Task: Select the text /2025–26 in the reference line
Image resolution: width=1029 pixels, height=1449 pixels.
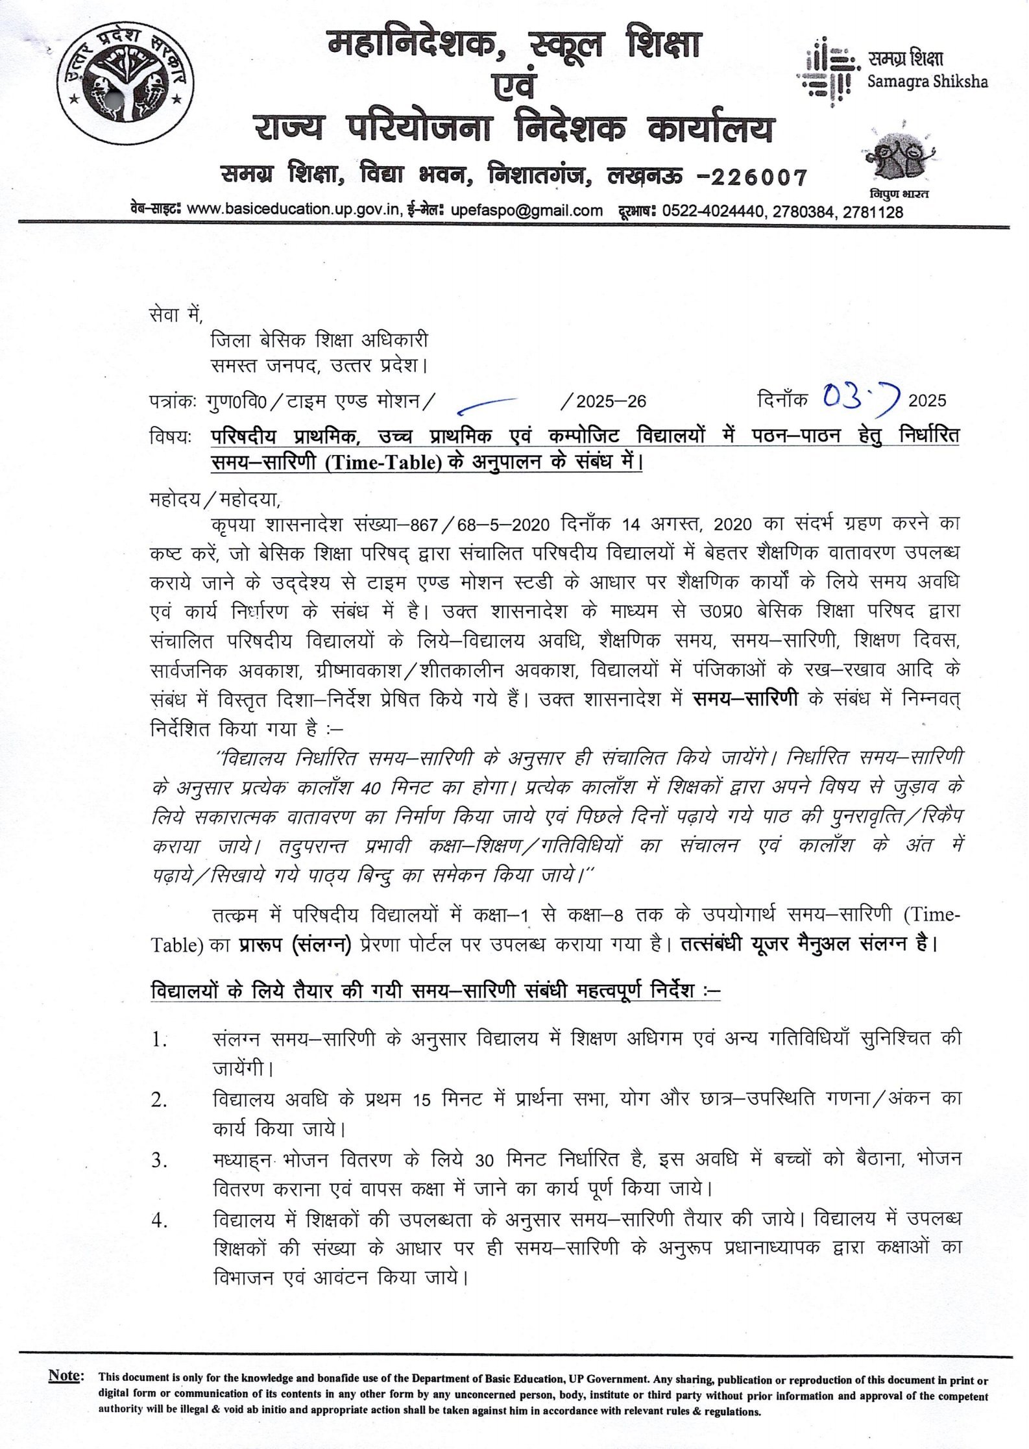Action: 604,401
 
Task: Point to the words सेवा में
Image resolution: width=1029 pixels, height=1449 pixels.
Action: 175,315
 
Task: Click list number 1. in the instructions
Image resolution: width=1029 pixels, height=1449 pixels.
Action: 160,1039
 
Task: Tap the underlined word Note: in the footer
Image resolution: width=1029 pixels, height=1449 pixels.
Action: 66,1375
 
